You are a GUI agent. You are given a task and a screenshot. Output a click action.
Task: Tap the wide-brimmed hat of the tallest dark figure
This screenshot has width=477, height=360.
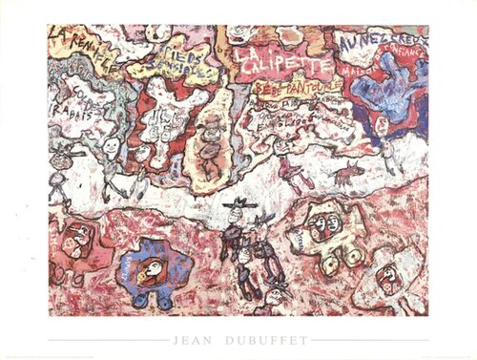point(236,205)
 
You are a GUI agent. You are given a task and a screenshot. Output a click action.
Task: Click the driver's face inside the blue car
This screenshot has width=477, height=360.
point(144,273)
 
